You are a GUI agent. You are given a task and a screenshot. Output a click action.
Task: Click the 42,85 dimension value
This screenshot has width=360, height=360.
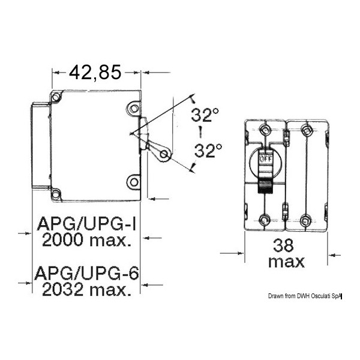pyautogui.click(x=95, y=73)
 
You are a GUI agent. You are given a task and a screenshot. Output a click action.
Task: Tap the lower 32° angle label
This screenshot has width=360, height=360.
pyautogui.click(x=208, y=151)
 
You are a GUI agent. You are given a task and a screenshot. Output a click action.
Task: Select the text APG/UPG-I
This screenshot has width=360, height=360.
pyautogui.click(x=86, y=224)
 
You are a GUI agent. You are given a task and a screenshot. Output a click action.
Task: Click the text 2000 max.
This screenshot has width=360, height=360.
pyautogui.click(x=88, y=240)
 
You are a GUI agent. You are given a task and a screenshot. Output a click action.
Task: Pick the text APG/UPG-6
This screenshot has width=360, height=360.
pyautogui.click(x=86, y=273)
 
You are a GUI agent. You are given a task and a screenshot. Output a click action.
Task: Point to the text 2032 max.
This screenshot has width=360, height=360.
pyautogui.click(x=87, y=290)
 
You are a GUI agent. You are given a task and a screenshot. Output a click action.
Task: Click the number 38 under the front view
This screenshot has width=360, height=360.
pyautogui.click(x=283, y=245)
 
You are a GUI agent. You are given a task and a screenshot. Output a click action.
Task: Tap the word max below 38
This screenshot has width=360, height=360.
pyautogui.click(x=286, y=262)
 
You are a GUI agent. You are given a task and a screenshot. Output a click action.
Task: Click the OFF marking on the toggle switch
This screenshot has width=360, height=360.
pyautogui.click(x=266, y=158)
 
